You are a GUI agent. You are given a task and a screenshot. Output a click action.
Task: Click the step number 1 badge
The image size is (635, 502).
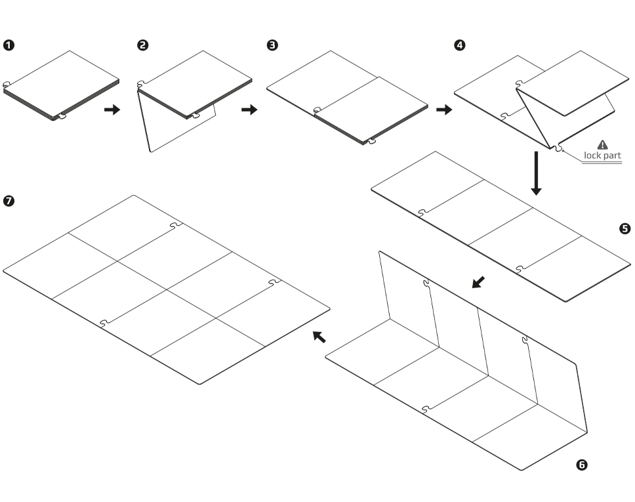9,45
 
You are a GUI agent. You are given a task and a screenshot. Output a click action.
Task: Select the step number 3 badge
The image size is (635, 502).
272,45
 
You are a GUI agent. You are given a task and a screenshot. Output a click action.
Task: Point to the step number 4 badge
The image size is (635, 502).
461,45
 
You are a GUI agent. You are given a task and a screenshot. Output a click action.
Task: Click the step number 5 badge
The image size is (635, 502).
624,228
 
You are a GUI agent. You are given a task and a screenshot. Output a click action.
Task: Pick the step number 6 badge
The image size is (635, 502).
582,465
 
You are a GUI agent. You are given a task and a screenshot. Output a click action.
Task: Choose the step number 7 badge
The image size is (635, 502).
9,201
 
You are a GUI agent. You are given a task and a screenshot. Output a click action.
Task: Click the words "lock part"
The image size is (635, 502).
602,156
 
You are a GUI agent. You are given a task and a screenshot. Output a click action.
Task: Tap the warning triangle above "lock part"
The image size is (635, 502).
603,145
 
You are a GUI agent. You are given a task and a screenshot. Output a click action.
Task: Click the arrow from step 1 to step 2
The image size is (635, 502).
112,110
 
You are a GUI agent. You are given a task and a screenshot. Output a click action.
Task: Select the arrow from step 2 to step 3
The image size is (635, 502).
249,110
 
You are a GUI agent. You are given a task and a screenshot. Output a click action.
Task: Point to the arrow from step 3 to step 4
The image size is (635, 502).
444,110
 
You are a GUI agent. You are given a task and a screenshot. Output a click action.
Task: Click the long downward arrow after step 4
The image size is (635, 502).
536,173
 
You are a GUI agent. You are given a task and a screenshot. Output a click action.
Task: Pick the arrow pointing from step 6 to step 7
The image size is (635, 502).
319,337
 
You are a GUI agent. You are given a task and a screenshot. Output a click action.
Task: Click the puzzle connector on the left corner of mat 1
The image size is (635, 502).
6,85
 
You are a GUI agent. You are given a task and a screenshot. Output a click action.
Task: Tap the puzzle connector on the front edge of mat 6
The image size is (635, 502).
427,409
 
